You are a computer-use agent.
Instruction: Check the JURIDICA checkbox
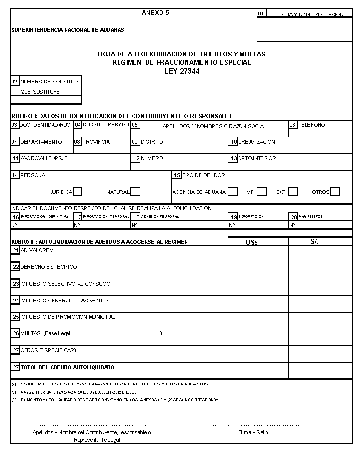(77, 192)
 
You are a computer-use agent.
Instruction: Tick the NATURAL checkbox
(135, 192)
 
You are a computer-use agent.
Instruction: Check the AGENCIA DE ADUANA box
(233, 192)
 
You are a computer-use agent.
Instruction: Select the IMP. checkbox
(262, 192)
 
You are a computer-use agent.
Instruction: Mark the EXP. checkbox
(293, 192)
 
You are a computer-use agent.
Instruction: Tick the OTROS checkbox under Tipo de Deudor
(335, 192)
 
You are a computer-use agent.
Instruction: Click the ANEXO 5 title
(156, 13)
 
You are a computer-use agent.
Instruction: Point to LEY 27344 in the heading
(182, 71)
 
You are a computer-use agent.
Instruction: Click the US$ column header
(252, 242)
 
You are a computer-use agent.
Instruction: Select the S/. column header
(315, 241)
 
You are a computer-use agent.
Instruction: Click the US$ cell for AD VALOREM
(258, 254)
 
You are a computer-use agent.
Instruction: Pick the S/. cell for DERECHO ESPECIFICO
(320, 271)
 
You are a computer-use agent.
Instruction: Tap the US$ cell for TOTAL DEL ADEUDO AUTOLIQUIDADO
(258, 370)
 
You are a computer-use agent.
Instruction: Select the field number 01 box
(261, 14)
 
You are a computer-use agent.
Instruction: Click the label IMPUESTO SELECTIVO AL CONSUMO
(65, 284)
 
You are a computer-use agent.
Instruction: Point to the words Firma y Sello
(253, 432)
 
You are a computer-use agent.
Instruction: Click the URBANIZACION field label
(256, 142)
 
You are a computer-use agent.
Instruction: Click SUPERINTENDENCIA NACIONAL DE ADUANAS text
(67, 30)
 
